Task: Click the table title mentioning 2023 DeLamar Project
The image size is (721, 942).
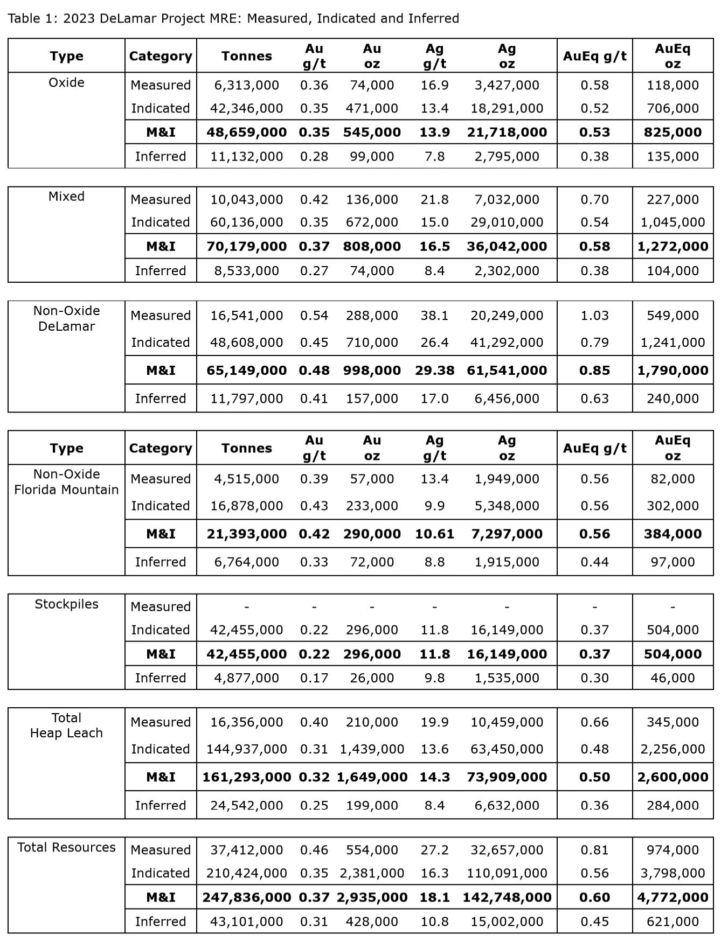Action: [x=233, y=18]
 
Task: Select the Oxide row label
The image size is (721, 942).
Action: [x=66, y=82]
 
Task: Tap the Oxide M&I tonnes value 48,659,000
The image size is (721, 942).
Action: [x=246, y=132]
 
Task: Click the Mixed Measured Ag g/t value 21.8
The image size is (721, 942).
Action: [x=434, y=199]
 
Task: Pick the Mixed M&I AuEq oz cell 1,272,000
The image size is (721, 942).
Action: [x=673, y=246]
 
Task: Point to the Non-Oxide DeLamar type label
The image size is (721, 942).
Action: [x=66, y=318]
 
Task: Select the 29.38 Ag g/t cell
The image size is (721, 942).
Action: [x=434, y=370]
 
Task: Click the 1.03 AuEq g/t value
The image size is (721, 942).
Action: [x=594, y=315]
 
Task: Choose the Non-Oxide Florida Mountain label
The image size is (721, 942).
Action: [x=66, y=482]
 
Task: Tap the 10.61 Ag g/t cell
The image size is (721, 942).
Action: [x=434, y=534]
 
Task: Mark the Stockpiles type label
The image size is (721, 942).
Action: [x=66, y=604]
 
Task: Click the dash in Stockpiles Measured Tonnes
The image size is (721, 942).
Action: [x=246, y=606]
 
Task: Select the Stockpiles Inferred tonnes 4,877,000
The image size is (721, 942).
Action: [x=246, y=678]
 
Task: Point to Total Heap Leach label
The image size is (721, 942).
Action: [x=66, y=725]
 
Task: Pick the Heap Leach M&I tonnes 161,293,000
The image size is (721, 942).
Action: [x=246, y=777]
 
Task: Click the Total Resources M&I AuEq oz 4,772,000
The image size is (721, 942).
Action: [x=673, y=897]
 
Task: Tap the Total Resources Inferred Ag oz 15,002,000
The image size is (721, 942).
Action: [x=507, y=922]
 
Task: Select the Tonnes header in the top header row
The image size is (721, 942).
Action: [x=246, y=56]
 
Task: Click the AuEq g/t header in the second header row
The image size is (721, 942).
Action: [x=594, y=448]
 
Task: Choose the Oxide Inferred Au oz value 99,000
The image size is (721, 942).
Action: [x=372, y=156]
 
